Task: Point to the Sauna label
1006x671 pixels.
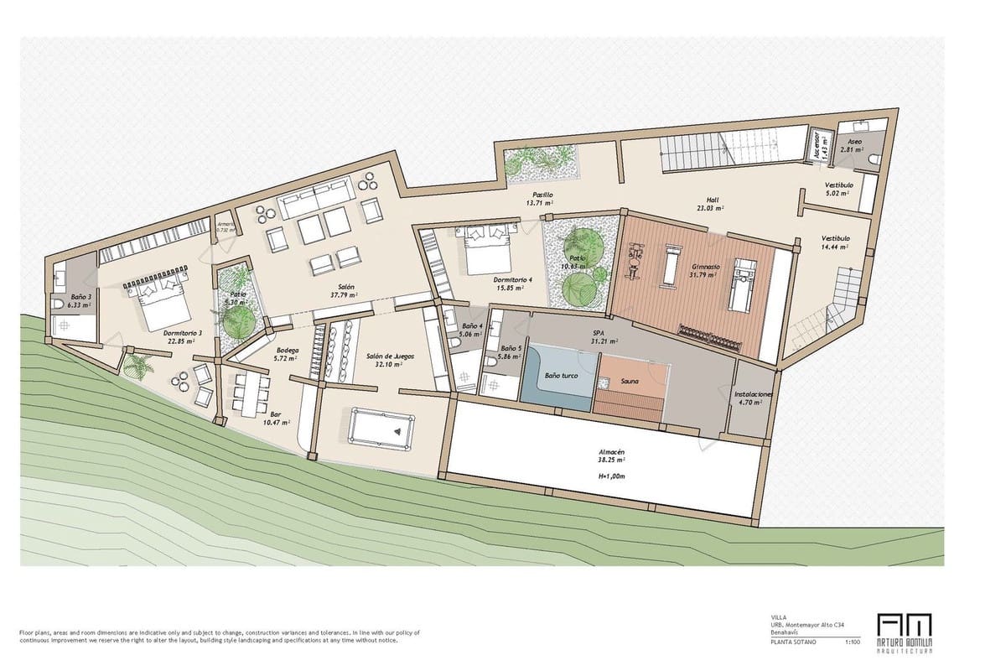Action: pyautogui.click(x=630, y=382)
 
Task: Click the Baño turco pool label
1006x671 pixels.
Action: pyautogui.click(x=561, y=377)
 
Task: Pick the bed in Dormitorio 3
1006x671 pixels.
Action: pyautogui.click(x=156, y=301)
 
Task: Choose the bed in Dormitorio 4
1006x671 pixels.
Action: pyautogui.click(x=485, y=249)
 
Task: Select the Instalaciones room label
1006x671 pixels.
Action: pyautogui.click(x=753, y=393)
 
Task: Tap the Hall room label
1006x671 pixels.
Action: pyautogui.click(x=705, y=200)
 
